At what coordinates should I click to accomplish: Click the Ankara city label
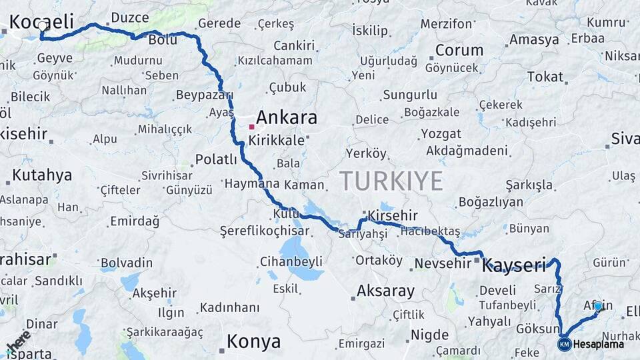pyautogui.click(x=287, y=118)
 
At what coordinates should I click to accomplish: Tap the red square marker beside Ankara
pyautogui.click(x=251, y=126)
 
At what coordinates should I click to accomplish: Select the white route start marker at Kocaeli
pyautogui.click(x=43, y=26)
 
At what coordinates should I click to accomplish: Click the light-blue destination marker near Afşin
pyautogui.click(x=598, y=306)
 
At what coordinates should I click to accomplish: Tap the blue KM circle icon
pyautogui.click(x=565, y=344)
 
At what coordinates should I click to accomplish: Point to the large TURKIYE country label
pyautogui.click(x=391, y=181)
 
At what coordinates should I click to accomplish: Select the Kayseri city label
pyautogui.click(x=514, y=265)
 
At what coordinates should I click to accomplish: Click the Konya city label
pyautogui.click(x=253, y=342)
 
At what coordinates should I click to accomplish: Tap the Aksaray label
pyautogui.click(x=385, y=291)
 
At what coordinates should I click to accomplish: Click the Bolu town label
pyautogui.click(x=162, y=40)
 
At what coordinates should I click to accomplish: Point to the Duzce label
pyautogui.click(x=130, y=17)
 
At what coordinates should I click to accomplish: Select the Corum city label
pyautogui.click(x=459, y=50)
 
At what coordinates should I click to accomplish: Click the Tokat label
pyautogui.click(x=545, y=77)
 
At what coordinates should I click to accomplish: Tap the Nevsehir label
pyautogui.click(x=443, y=263)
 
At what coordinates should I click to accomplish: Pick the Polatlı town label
pyautogui.click(x=216, y=159)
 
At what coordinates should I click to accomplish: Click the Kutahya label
pyautogui.click(x=42, y=175)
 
